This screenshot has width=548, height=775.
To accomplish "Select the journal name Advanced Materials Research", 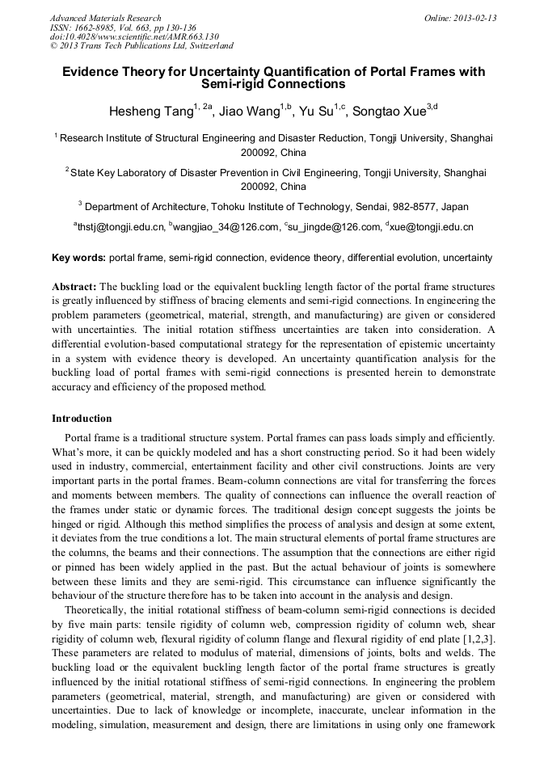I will point(105,18).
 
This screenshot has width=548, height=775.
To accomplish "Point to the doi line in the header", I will point(134,36).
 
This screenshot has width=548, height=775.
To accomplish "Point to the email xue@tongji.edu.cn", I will point(431,228).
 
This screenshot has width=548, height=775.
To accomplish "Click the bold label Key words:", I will point(78,259).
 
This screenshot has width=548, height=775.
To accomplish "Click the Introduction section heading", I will point(82,419).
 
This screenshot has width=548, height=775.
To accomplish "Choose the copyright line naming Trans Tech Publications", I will point(141,46).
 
